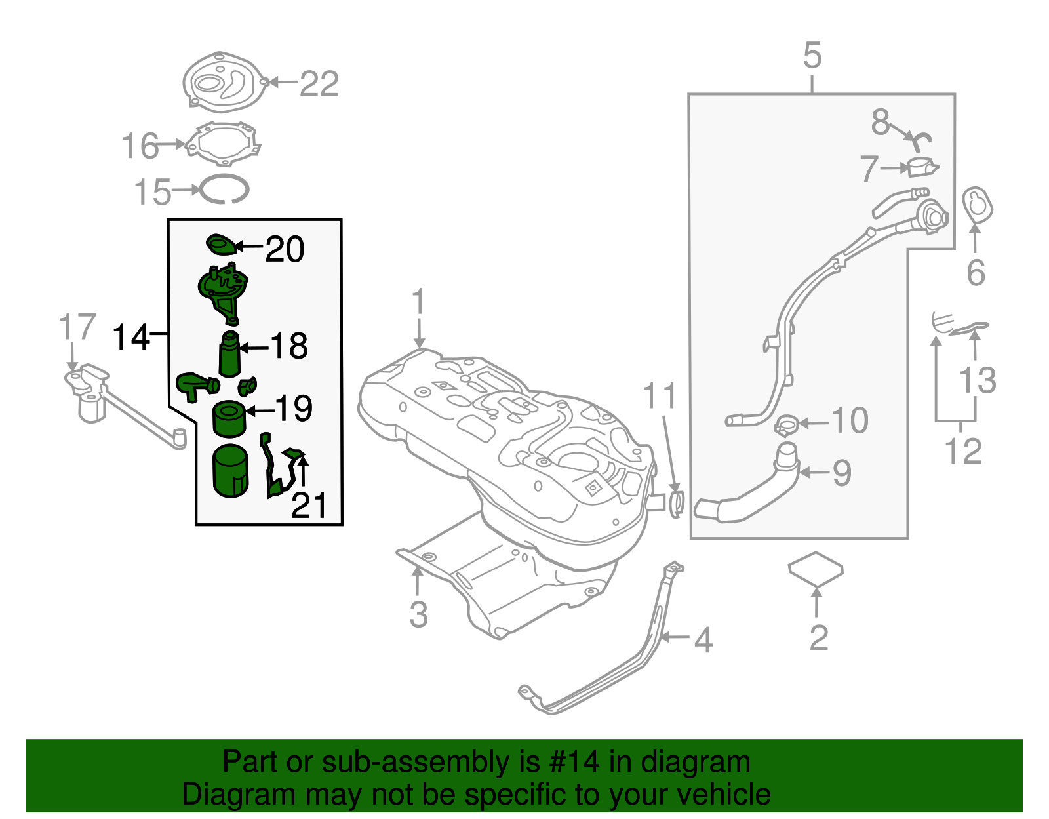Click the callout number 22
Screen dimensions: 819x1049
click(x=319, y=84)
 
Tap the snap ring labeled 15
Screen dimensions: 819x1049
click(x=224, y=190)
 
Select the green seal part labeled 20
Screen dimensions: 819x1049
click(x=221, y=245)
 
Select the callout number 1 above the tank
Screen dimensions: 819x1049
click(x=418, y=302)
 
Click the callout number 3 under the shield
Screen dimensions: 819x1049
click(x=418, y=614)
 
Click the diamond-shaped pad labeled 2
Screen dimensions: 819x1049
click(x=816, y=569)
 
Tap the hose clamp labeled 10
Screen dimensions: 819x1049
click(x=786, y=425)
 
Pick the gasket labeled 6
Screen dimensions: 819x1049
click(x=978, y=205)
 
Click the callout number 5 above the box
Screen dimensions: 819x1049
click(x=812, y=56)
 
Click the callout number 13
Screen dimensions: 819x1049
click(x=978, y=380)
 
